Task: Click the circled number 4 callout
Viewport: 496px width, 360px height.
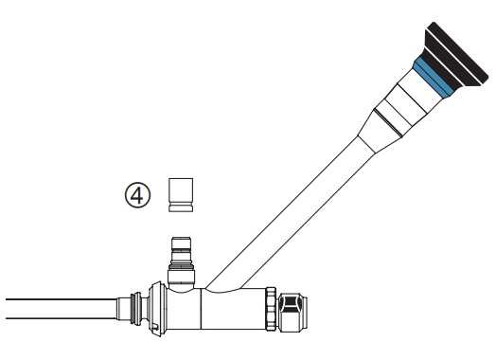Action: (x=137, y=195)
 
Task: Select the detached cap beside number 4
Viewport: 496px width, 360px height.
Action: (x=181, y=195)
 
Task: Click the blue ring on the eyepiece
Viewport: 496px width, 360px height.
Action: (x=434, y=77)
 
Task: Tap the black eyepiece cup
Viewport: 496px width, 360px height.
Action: (x=456, y=54)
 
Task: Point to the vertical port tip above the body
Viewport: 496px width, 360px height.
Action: (x=181, y=243)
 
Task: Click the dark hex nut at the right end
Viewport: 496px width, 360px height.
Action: (x=293, y=313)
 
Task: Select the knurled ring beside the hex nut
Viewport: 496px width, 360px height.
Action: (x=271, y=309)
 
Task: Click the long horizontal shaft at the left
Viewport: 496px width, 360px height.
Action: (x=61, y=309)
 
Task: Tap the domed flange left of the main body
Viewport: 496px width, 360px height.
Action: (x=156, y=309)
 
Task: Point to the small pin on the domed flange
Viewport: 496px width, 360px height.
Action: (x=155, y=326)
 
